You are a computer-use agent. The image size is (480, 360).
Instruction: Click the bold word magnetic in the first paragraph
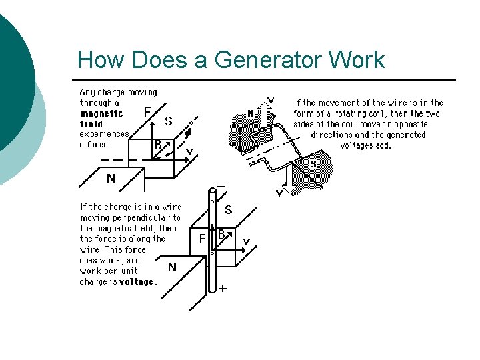click(101, 113)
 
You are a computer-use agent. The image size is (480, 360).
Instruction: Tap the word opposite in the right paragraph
click(410, 124)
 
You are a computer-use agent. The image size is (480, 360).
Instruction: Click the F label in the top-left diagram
click(147, 112)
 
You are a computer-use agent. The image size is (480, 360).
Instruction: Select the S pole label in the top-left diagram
click(169, 121)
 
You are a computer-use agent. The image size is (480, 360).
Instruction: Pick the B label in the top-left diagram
click(158, 144)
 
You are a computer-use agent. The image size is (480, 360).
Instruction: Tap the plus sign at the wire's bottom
click(222, 289)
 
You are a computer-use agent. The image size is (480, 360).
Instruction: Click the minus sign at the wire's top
click(221, 186)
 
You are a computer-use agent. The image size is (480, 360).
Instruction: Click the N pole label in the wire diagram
click(172, 267)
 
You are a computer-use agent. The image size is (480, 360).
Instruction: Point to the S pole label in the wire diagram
click(228, 209)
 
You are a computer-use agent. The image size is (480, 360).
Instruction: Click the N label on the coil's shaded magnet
click(251, 114)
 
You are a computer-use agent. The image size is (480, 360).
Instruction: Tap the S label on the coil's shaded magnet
click(313, 163)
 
